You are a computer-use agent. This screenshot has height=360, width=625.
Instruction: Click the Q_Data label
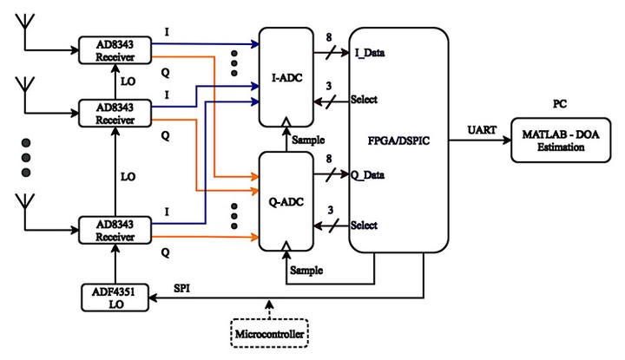368,175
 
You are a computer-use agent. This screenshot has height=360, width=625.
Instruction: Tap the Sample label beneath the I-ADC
308,139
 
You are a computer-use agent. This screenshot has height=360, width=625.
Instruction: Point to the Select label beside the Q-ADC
364,226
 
